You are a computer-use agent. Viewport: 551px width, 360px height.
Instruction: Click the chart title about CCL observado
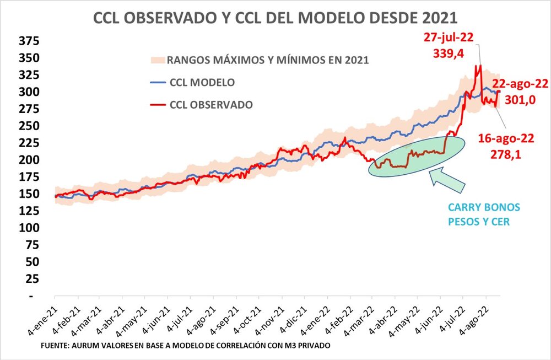[x=275, y=18]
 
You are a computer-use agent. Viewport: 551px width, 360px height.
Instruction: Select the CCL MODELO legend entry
[x=201, y=82]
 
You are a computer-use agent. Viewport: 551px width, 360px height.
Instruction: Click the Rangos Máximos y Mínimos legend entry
[x=267, y=60]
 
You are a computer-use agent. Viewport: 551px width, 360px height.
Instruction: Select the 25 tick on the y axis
[x=32, y=279]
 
